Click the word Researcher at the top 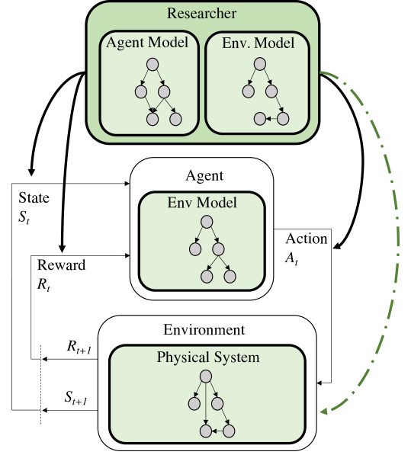(201, 14)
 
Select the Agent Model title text (147, 43)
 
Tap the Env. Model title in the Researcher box (258, 43)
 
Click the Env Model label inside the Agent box (202, 203)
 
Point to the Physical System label (208, 357)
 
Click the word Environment (204, 330)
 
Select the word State (34, 198)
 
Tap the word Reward (61, 265)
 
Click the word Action (306, 239)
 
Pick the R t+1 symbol (79, 347)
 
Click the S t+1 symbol (76, 398)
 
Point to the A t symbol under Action (291, 258)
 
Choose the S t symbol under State (24, 217)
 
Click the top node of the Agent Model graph (153, 65)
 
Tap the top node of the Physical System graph (206, 376)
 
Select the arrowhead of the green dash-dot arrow (324, 411)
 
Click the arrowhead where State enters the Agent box (127, 183)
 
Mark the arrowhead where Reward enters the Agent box (127, 255)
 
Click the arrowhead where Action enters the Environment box (319, 383)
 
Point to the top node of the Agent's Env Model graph (207, 222)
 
